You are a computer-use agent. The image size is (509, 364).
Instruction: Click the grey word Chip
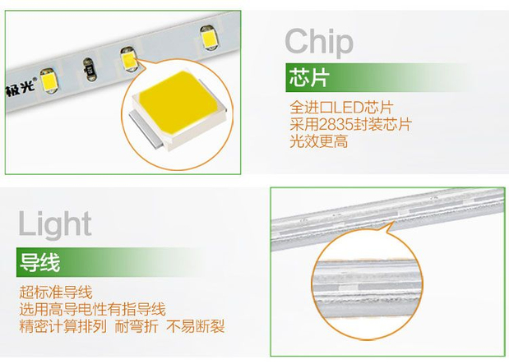pyautogui.click(x=319, y=43)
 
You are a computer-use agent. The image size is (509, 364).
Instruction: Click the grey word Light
pyautogui.click(x=55, y=223)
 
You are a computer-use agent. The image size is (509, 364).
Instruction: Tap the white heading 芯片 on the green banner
pyautogui.click(x=309, y=78)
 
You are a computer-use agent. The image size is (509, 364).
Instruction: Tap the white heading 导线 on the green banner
pyautogui.click(x=40, y=262)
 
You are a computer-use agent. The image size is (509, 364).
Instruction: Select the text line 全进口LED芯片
pyautogui.click(x=341, y=107)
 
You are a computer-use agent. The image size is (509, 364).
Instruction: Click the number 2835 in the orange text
pyautogui.click(x=336, y=124)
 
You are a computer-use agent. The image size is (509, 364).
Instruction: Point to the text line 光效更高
pyautogui.click(x=318, y=141)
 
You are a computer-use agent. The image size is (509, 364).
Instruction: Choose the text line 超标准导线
pyautogui.click(x=56, y=292)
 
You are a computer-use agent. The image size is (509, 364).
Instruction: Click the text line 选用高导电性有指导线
pyautogui.click(x=93, y=309)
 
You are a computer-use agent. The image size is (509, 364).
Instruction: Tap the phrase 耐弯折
pyautogui.click(x=137, y=326)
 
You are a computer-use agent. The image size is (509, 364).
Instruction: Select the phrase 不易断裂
pyautogui.click(x=196, y=326)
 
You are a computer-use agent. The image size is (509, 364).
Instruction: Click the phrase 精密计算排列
pyautogui.click(x=63, y=326)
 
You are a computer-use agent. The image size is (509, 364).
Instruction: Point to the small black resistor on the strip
pyautogui.click(x=89, y=70)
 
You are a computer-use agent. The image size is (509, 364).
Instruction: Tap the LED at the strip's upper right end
pyautogui.click(x=208, y=39)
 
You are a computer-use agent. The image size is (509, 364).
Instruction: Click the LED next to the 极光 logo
pyautogui.click(x=49, y=81)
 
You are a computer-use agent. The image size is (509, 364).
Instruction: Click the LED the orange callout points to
pyautogui.click(x=128, y=59)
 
